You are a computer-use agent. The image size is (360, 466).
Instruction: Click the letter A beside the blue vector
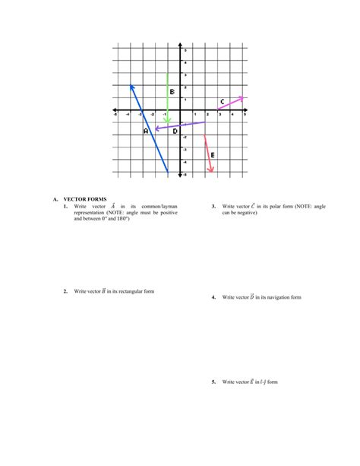146,131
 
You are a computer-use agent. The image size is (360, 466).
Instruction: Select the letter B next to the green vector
172,92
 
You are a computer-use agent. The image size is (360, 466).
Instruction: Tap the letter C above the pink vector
222,102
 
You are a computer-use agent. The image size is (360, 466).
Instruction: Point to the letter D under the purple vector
175,132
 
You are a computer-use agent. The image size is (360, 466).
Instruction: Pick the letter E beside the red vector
212,155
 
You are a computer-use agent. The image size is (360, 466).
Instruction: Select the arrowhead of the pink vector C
242,97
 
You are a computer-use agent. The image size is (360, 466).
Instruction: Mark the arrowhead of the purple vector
156,128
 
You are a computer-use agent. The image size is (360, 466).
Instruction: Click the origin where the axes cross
180,110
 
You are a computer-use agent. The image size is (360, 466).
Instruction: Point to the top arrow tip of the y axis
180,45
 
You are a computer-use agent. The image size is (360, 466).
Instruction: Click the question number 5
214,382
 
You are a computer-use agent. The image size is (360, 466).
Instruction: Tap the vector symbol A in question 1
112,205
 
